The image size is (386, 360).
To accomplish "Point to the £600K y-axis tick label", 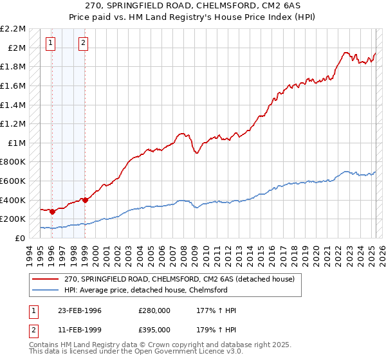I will [14, 181].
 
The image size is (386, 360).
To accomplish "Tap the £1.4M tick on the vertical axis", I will [14, 105].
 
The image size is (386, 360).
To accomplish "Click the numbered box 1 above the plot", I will [51, 44].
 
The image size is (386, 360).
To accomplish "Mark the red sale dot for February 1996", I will [52, 212].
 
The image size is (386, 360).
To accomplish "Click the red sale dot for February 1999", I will [84, 200].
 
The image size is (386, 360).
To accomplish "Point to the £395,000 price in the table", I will [154, 330].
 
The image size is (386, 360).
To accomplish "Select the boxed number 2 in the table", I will [33, 330].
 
